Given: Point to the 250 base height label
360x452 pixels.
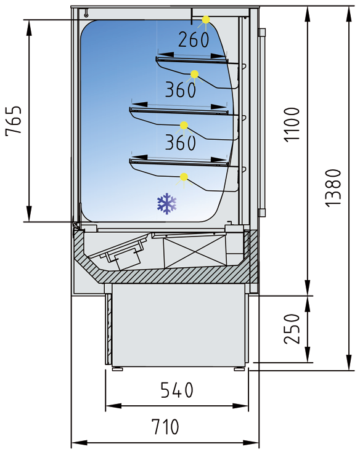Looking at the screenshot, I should (293, 329).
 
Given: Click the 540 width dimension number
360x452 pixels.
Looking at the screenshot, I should (177, 390).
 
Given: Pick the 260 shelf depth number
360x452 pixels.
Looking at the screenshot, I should (194, 39).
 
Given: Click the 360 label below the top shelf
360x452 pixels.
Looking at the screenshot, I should (180, 91).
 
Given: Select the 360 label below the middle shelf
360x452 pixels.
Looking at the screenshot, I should (180, 143).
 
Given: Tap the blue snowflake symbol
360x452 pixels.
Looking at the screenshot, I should (167, 204).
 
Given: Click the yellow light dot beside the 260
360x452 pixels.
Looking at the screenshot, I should (206, 20).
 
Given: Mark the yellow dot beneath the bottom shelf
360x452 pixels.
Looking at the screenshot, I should (184, 178).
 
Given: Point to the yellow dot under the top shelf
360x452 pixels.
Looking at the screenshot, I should (194, 75).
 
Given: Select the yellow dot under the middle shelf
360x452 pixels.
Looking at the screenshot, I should (184, 126).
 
